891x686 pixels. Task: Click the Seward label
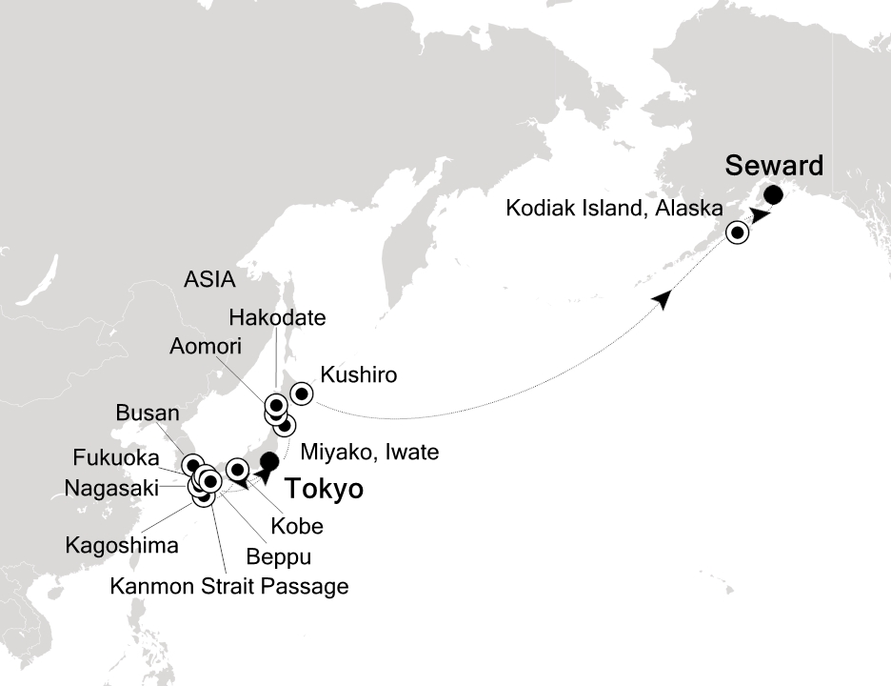(774, 166)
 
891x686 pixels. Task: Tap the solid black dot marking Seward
(774, 196)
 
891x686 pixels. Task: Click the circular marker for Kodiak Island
(737, 232)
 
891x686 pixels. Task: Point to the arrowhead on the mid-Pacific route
(663, 299)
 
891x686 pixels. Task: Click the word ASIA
(210, 280)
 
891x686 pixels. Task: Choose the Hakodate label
(277, 317)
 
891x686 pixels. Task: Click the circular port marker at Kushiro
(301, 393)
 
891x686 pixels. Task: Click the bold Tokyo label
(325, 490)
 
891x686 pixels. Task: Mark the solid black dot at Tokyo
(268, 462)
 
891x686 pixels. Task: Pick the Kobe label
(296, 526)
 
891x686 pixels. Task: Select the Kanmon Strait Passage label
(229, 586)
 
